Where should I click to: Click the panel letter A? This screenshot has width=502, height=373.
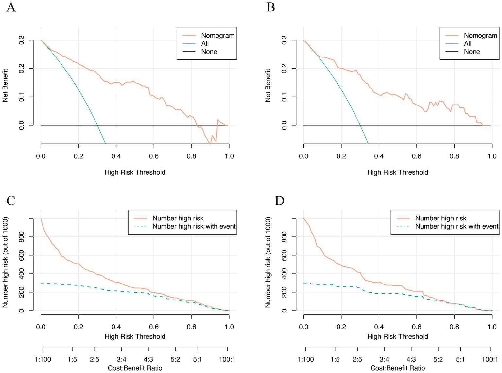(11, 7)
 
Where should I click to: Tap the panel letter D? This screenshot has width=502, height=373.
(279, 201)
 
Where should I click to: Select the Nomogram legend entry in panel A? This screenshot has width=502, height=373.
(217, 35)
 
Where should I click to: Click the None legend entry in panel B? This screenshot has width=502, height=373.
(472, 52)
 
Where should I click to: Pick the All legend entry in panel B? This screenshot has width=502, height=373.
(467, 43)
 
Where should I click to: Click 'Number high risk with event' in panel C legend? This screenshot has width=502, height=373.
(194, 226)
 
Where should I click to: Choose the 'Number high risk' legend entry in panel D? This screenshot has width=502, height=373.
(441, 218)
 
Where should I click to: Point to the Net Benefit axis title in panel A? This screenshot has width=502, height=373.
(5, 85)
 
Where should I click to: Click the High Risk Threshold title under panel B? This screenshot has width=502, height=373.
(397, 172)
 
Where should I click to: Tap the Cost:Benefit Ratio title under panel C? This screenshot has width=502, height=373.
(135, 368)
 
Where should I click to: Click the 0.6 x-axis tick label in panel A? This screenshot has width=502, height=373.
(154, 156)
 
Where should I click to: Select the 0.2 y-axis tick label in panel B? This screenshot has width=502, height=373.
(284, 69)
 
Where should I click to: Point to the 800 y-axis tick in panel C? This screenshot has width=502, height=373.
(22, 237)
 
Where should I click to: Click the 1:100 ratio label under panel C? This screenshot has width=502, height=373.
(43, 359)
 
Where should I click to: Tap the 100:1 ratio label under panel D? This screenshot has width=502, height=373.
(490, 359)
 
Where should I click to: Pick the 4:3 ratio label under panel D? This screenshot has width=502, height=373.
(411, 359)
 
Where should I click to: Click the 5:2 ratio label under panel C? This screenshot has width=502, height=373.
(175, 359)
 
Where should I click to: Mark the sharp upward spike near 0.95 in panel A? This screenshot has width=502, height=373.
(218, 120)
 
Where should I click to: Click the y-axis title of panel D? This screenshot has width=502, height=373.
(268, 262)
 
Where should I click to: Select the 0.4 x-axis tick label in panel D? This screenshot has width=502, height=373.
(379, 327)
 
